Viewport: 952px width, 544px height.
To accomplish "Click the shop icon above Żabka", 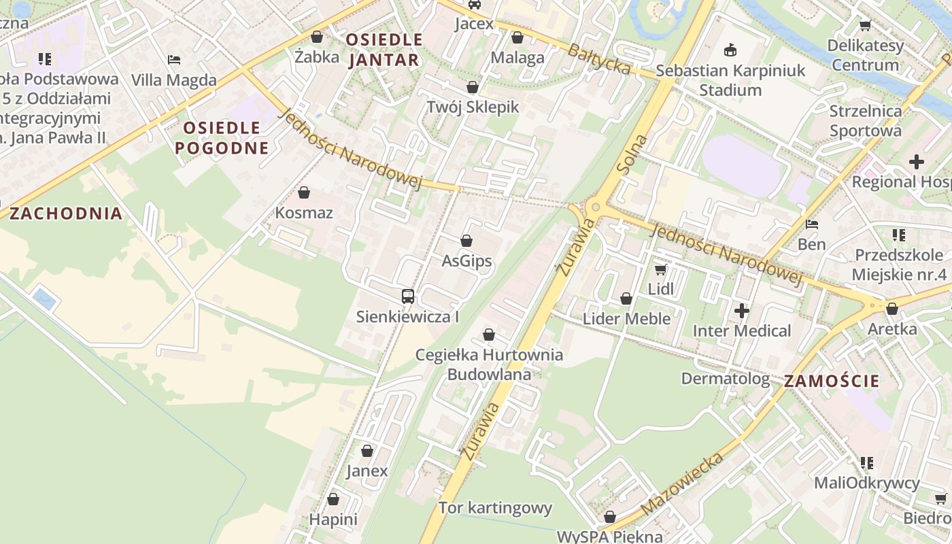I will (x=316, y=37).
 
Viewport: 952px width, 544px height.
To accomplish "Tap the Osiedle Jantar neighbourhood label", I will (x=384, y=50).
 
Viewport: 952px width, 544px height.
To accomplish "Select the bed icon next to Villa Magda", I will (x=174, y=60).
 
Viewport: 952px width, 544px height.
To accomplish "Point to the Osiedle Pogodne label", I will (x=222, y=137).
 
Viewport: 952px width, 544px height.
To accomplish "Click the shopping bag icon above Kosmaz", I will (x=304, y=193).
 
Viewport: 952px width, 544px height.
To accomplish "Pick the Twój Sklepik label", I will (x=473, y=107).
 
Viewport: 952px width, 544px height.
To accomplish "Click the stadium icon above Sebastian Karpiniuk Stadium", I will (x=730, y=50).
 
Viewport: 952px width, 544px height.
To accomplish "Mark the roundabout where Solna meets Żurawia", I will (x=596, y=207).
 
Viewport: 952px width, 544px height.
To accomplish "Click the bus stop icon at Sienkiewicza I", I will (x=408, y=296).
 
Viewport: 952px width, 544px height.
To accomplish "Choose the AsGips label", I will (x=466, y=260).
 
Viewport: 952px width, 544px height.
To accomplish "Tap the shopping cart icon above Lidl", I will (x=660, y=269).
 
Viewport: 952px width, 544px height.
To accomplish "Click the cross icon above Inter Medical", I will (x=742, y=311).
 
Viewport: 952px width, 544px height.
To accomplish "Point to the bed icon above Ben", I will (x=811, y=224).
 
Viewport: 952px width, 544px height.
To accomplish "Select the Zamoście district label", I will (x=832, y=381).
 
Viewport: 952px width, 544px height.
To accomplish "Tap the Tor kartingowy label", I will (x=495, y=508).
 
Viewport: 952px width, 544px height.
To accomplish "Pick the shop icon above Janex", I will (x=367, y=451).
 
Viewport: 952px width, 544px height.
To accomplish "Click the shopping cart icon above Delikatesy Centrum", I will (x=865, y=26).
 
